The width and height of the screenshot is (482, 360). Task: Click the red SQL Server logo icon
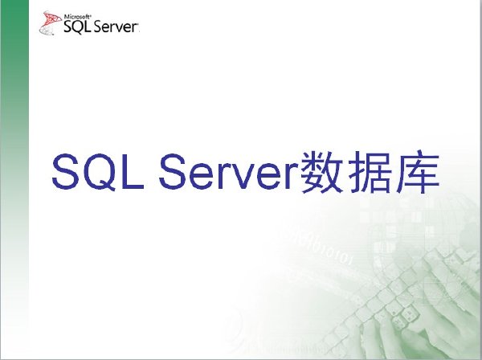pos(50,22)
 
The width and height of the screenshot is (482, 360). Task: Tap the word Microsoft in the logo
pos(78,17)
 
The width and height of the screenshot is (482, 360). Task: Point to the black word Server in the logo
pos(116,27)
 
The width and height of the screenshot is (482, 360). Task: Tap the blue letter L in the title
pos(133,171)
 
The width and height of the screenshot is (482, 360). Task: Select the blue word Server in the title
pos(229,171)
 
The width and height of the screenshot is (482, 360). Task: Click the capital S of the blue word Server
pos(173,171)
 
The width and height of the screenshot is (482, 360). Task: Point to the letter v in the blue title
pos(243,176)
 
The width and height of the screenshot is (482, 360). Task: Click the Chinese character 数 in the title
pos(321,172)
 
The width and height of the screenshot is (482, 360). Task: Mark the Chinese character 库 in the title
pos(417,172)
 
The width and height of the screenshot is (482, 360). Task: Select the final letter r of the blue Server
pos(293,175)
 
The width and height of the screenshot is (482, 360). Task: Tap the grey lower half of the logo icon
pos(46,30)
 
